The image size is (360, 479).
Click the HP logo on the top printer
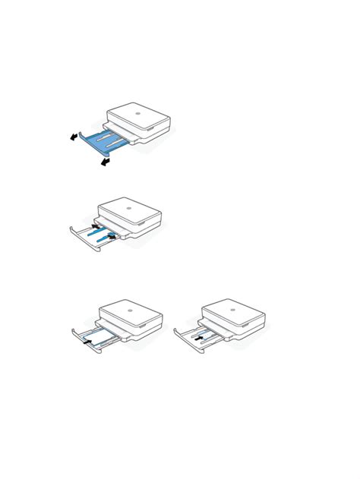(138, 115)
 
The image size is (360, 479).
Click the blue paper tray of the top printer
(106, 143)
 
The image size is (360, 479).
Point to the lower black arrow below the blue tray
(103, 162)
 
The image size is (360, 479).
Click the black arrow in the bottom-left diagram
(88, 343)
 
